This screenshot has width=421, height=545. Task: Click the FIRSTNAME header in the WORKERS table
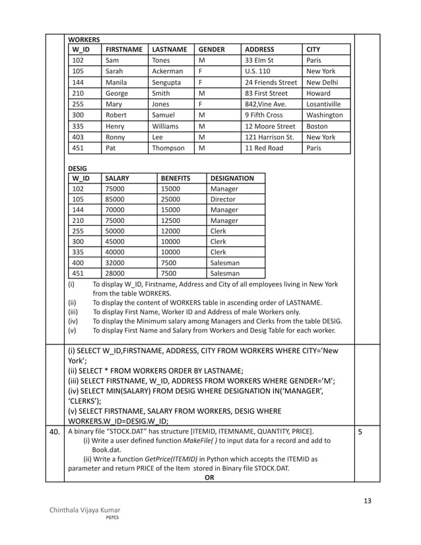point(123,49)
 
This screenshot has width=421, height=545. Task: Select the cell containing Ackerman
point(168,71)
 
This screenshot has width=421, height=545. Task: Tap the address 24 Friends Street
point(271,82)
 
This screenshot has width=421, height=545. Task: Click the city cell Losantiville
point(323,104)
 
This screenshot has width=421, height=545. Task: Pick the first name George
point(117,93)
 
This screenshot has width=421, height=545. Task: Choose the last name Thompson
point(168,148)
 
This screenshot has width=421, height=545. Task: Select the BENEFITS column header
point(176,178)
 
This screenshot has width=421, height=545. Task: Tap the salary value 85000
point(115,199)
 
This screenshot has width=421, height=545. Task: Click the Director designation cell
point(222,199)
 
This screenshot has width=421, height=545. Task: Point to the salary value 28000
point(115,273)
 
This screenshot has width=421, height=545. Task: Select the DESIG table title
point(78,168)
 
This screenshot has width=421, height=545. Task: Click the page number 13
point(367,501)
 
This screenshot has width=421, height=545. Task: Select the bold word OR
point(209,478)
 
